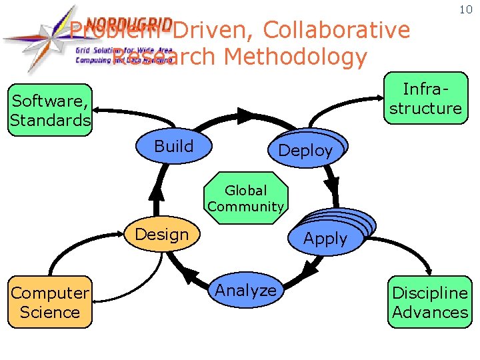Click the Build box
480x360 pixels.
[x=173, y=147]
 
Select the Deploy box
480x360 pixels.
[x=305, y=150]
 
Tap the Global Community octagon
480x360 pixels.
[x=246, y=199]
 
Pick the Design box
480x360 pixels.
[x=162, y=235]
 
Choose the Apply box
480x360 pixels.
[x=326, y=238]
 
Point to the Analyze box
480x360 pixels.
[x=246, y=291]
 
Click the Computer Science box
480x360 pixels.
[x=50, y=302]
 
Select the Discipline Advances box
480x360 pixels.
[x=430, y=302]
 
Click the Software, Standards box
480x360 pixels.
[x=50, y=111]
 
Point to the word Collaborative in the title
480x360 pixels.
[x=337, y=30]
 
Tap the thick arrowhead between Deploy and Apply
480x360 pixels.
[x=332, y=181]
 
